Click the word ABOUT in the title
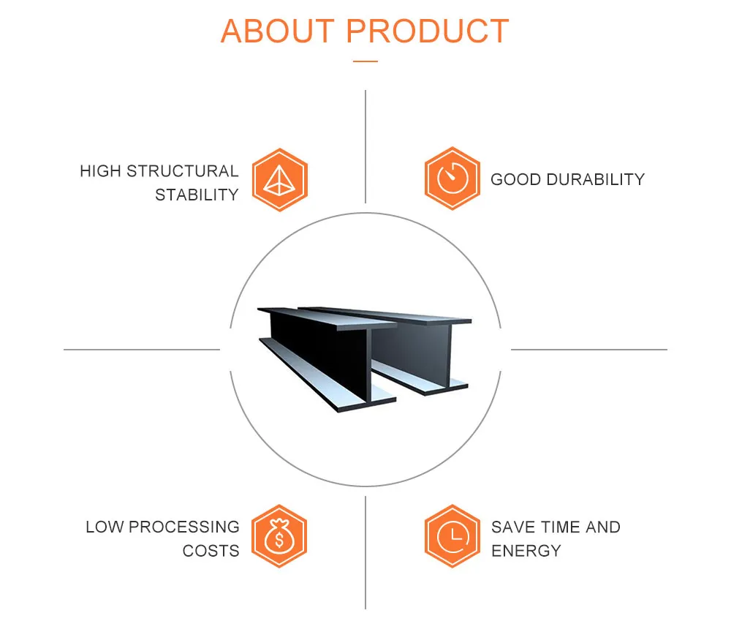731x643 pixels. (x=279, y=31)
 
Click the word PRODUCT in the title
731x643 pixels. (x=428, y=31)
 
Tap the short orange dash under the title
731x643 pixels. (x=365, y=61)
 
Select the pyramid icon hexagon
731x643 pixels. (x=280, y=179)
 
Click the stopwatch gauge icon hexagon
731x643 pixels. (x=452, y=178)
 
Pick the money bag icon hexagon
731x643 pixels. (x=279, y=536)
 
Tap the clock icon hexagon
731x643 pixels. (x=452, y=536)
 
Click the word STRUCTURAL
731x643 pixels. (x=183, y=171)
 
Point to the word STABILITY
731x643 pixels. (x=197, y=195)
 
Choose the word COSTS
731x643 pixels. (x=211, y=551)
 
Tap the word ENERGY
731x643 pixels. (x=526, y=551)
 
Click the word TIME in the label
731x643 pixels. (x=556, y=527)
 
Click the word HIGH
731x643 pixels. (x=100, y=171)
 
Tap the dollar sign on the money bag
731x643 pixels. (x=279, y=541)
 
